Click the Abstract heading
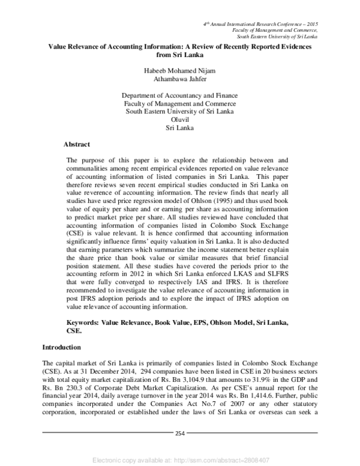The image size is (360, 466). [x=77, y=144]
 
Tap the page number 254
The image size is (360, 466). [x=180, y=433]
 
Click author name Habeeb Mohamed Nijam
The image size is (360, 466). [x=180, y=70]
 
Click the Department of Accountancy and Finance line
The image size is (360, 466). [x=180, y=95]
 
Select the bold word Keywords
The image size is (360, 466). [x=83, y=322]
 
